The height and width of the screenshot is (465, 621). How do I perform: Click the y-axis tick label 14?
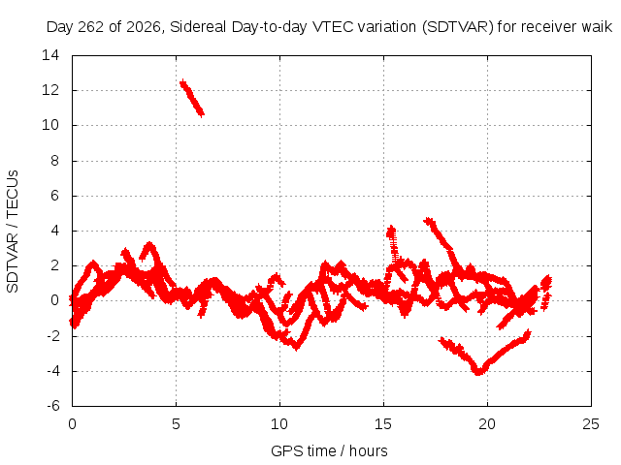[x=50, y=55]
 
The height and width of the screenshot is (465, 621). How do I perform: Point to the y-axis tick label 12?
[x=50, y=90]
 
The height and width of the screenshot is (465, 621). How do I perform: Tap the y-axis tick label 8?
[x=54, y=161]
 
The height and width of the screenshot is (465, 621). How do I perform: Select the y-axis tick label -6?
[x=53, y=406]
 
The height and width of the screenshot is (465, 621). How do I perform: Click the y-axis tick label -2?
[x=53, y=336]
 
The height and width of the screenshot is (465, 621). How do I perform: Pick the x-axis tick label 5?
[x=176, y=424]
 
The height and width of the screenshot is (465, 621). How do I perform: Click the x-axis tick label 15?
[x=383, y=424]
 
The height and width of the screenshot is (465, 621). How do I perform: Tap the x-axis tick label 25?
[x=591, y=424]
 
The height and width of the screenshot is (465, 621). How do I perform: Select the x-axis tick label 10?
[x=279, y=424]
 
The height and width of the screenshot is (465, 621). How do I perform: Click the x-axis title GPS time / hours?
[x=329, y=450]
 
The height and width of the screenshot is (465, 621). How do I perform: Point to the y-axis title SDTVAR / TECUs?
[x=13, y=232]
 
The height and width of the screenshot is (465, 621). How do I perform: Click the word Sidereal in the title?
[x=198, y=27]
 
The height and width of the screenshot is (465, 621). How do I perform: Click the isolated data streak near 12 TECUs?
[x=192, y=98]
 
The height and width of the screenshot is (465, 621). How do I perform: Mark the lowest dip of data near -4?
[x=478, y=371]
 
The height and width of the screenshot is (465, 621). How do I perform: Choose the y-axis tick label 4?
[x=54, y=231]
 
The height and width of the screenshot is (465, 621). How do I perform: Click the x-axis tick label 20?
[x=487, y=424]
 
